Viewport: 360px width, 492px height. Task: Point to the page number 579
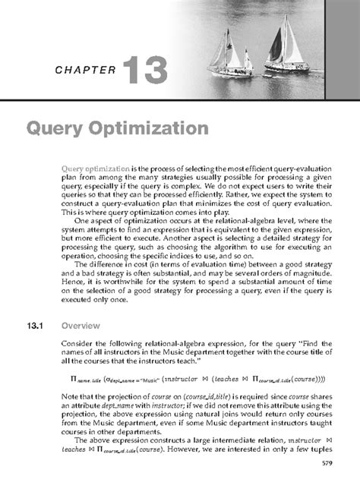[x=327, y=462]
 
